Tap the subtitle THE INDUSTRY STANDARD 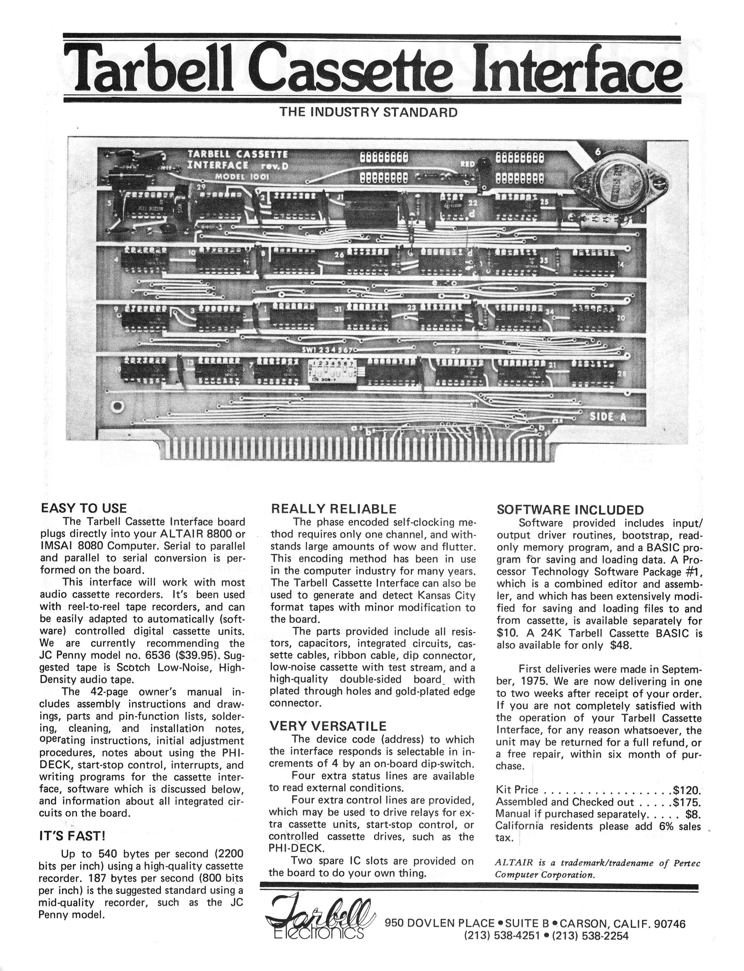[x=368, y=112]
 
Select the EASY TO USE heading [x=84, y=508]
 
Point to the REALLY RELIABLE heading [x=333, y=509]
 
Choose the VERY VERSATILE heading [x=328, y=726]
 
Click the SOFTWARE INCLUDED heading [x=570, y=510]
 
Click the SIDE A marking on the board [x=608, y=417]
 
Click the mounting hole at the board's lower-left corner [x=117, y=406]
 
